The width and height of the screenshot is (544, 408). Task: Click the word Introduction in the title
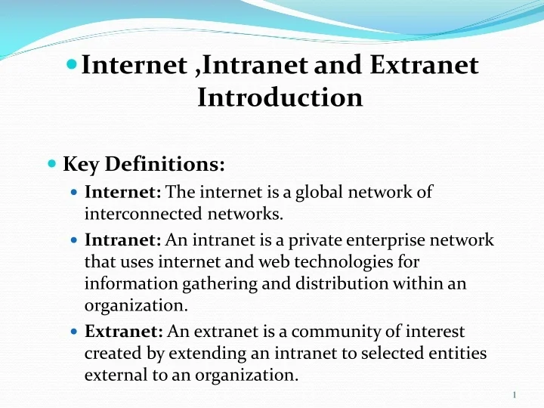(280, 97)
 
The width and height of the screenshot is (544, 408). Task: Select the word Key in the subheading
(82, 164)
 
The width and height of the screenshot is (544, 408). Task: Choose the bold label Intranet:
(123, 241)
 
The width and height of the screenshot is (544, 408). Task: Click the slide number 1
(514, 395)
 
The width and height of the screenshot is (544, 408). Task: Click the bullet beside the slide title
(72, 66)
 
